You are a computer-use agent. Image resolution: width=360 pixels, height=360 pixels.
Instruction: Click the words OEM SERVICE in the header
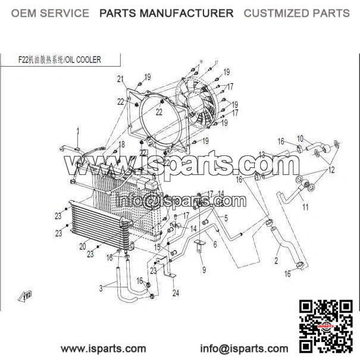50,13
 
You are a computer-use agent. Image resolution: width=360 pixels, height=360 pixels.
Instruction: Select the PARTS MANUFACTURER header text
166,13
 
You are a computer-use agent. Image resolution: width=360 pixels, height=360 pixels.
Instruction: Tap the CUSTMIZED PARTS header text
296,13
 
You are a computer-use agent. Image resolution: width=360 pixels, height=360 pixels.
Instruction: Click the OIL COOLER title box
60,60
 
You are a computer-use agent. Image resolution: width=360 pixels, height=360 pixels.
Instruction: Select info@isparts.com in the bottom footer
243,349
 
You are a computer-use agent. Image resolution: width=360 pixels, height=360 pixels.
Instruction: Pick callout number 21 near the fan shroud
120,79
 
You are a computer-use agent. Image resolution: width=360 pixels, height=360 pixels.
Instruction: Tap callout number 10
300,138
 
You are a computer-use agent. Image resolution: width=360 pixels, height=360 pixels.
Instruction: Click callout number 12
331,170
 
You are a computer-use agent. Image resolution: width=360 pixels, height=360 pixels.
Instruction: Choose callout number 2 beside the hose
276,260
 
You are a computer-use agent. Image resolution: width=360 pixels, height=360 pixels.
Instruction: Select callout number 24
176,293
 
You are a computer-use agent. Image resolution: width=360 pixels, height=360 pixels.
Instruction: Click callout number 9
204,270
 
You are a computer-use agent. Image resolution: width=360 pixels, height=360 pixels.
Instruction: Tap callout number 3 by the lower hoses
101,288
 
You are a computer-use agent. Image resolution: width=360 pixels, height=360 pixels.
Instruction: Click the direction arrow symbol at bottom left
27,295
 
